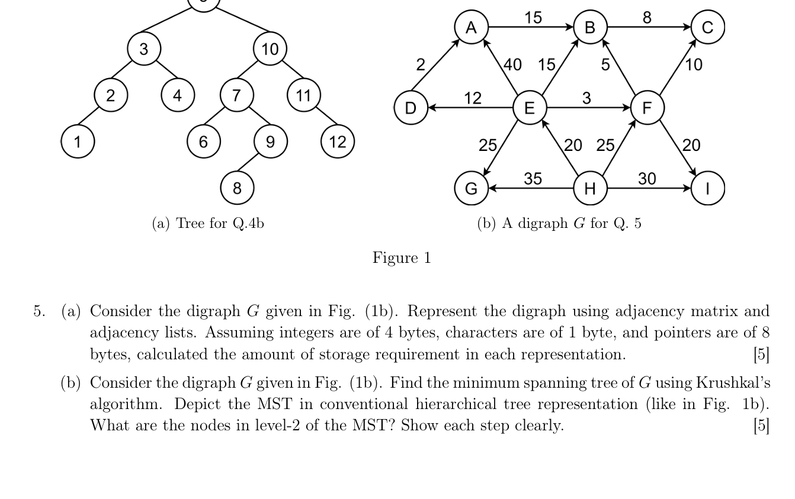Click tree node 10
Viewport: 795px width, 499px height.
pyautogui.click(x=270, y=49)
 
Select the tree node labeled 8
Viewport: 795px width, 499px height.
pyautogui.click(x=237, y=188)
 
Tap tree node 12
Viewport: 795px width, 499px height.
pyautogui.click(x=337, y=141)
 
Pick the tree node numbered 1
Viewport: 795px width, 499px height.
pyautogui.click(x=77, y=141)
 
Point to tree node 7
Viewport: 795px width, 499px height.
pyautogui.click(x=236, y=95)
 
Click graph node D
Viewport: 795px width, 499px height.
pyautogui.click(x=411, y=108)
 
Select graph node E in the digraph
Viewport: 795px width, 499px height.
pyautogui.click(x=529, y=108)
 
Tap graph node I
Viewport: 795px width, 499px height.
pyautogui.click(x=707, y=188)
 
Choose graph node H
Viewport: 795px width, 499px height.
pyautogui.click(x=589, y=188)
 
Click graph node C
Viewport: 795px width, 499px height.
pyautogui.click(x=707, y=27)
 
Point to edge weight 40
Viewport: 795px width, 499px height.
pyautogui.click(x=512, y=64)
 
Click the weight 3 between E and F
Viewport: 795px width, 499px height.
pyautogui.click(x=586, y=98)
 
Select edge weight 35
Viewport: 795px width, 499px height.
pyautogui.click(x=533, y=178)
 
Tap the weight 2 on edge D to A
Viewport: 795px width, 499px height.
pyautogui.click(x=420, y=65)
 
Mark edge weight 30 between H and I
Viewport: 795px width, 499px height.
pyautogui.click(x=647, y=178)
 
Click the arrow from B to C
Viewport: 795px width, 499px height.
pyautogui.click(x=648, y=27)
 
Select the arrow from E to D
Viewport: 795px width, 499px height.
pyautogui.click(x=470, y=108)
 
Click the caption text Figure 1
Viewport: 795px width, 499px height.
pyautogui.click(x=402, y=258)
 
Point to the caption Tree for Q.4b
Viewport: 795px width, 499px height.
pyautogui.click(x=208, y=223)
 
